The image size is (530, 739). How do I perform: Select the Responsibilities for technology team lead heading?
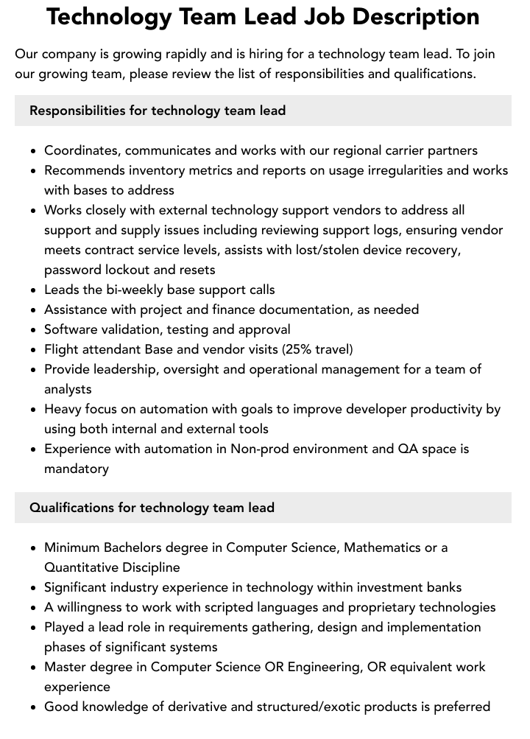click(x=158, y=111)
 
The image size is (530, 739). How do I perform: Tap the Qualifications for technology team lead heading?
click(x=152, y=508)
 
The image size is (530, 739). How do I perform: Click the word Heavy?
click(x=62, y=409)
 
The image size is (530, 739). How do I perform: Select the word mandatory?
click(x=77, y=469)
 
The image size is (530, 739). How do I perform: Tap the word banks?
click(x=443, y=587)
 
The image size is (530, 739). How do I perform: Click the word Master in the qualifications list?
click(x=67, y=667)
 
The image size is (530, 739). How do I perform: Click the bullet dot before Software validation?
click(x=33, y=330)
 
